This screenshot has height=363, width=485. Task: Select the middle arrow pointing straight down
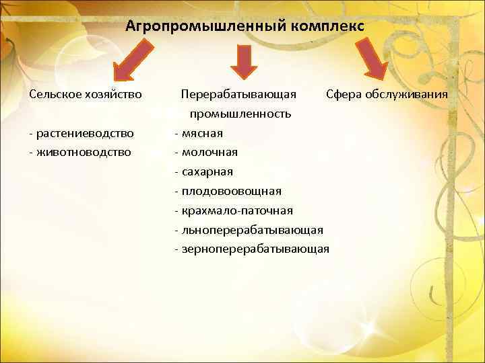(x=244, y=61)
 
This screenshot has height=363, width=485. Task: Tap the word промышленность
(x=240, y=114)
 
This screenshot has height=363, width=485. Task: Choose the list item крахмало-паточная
(x=236, y=210)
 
